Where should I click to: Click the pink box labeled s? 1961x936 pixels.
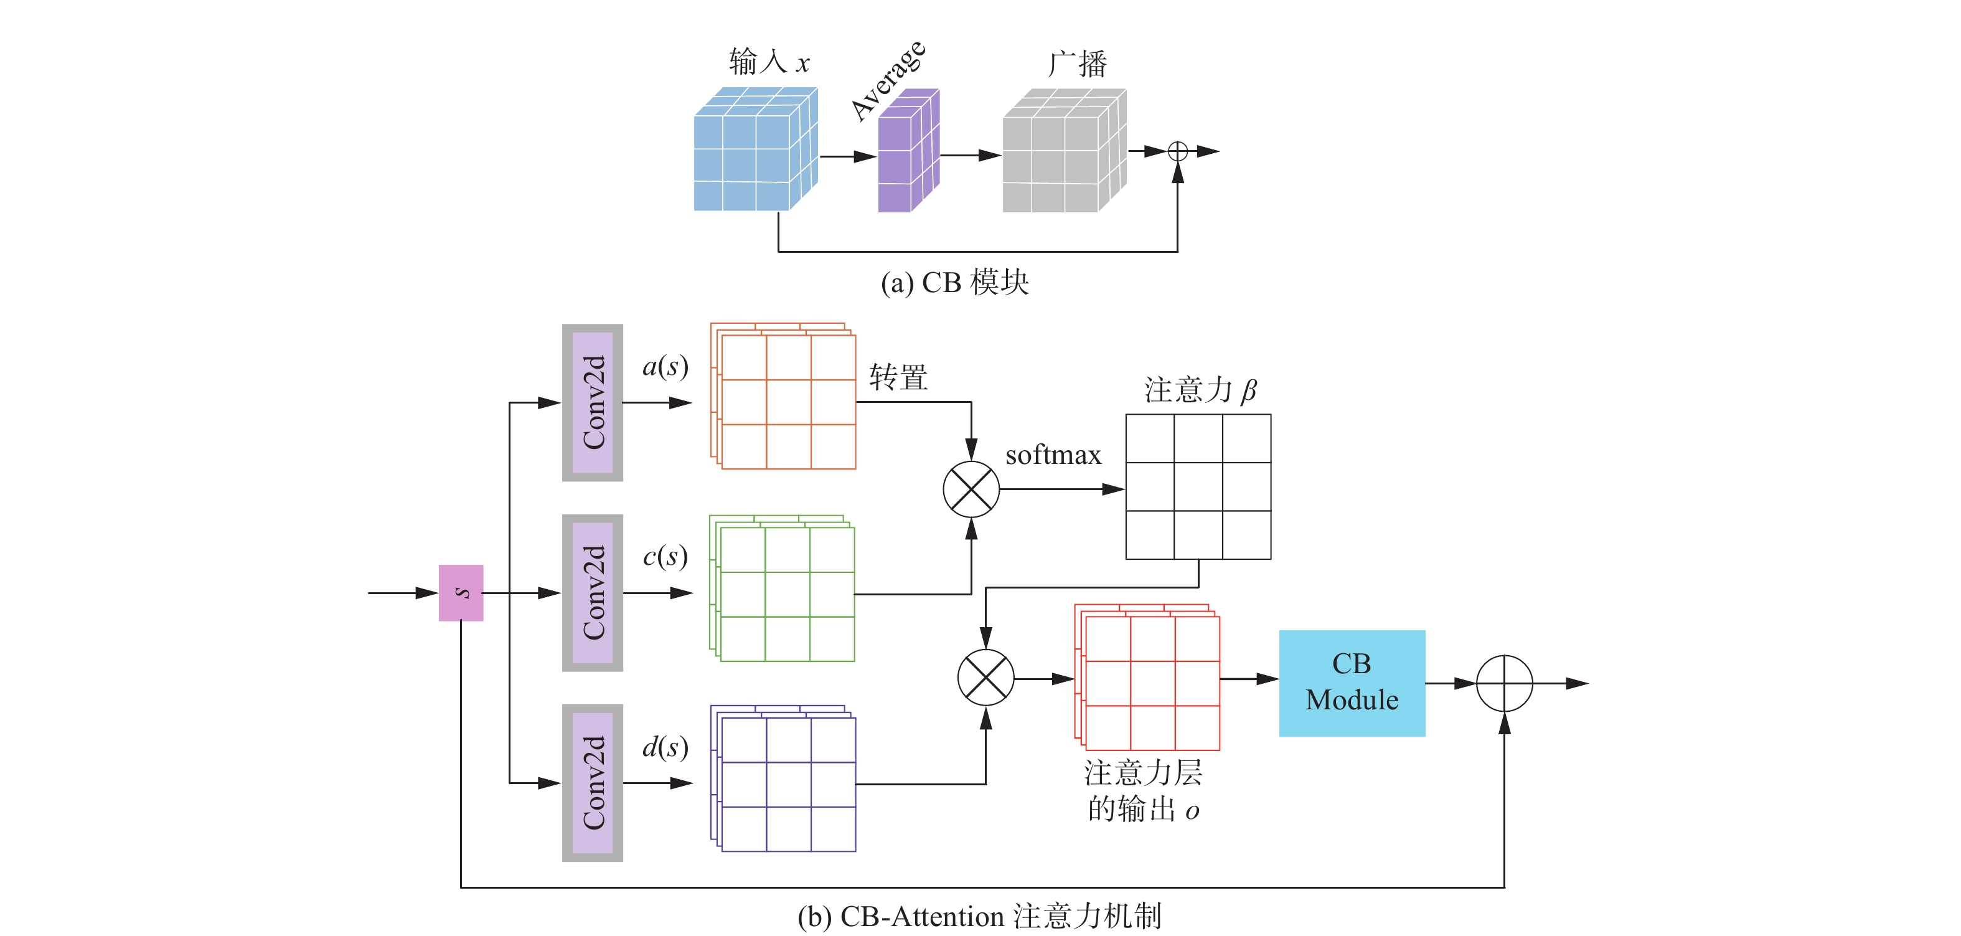pos(461,592)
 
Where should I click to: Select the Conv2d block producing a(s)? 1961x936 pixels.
pos(592,402)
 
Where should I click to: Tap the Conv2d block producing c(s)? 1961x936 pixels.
pos(592,592)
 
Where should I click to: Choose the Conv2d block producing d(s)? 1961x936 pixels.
pos(592,783)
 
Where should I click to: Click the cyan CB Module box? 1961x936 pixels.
pos(1352,683)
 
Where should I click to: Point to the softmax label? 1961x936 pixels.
pos(1053,455)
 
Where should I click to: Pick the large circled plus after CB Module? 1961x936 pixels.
pos(1503,683)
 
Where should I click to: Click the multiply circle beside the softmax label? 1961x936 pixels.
pos(971,489)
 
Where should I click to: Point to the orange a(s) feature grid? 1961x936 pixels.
pos(784,397)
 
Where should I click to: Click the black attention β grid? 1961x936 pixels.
pos(1198,486)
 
